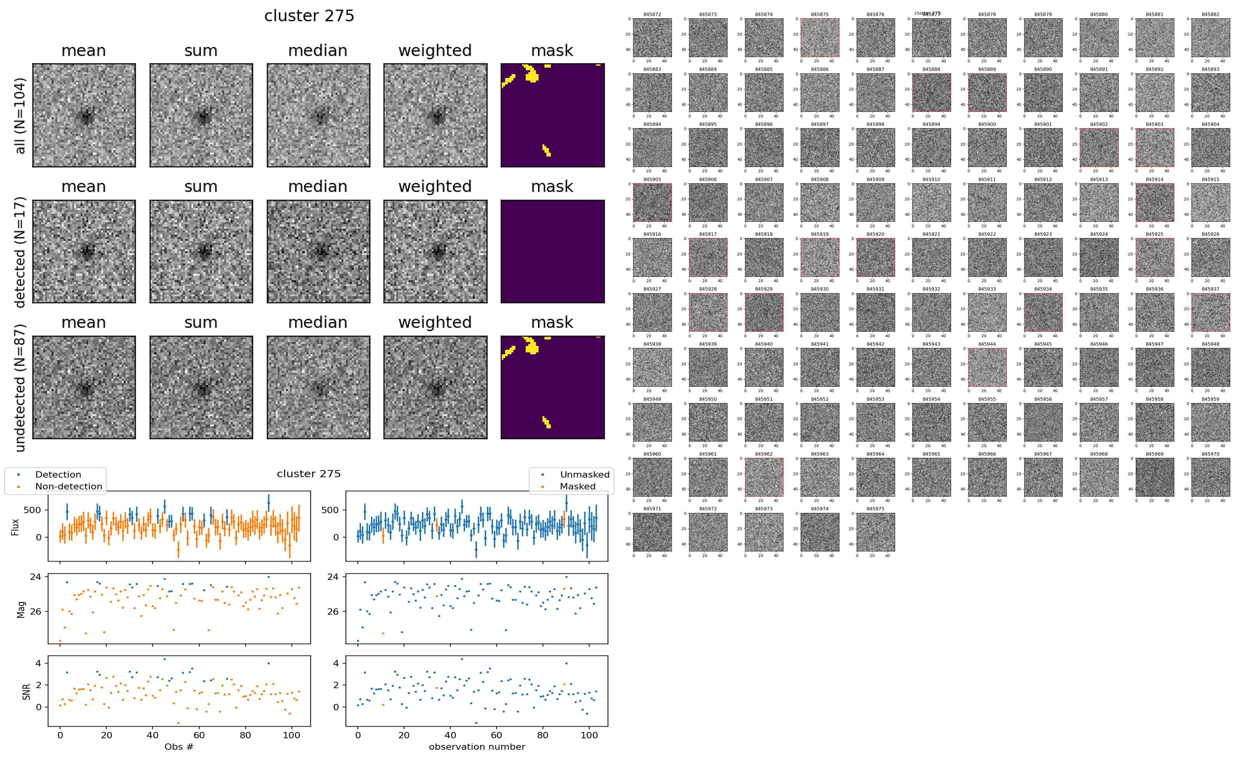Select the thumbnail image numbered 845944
pos(987,367)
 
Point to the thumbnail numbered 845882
pos(1210,38)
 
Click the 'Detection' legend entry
pos(58,474)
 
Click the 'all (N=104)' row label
pos(20,116)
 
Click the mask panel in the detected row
pos(552,251)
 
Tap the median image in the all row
pos(318,115)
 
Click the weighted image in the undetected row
pos(435,388)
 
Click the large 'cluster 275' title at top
pos(309,16)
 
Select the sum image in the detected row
pos(201,251)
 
